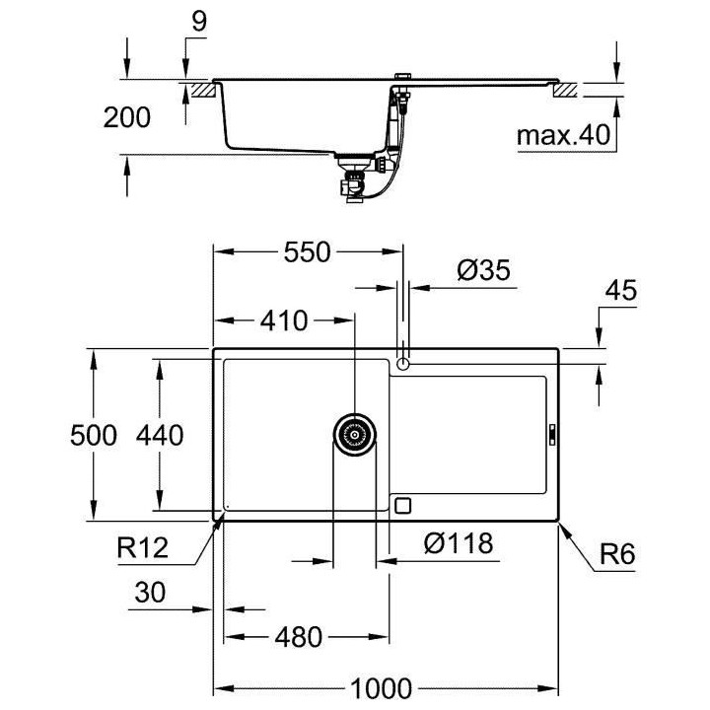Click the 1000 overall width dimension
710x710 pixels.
(387, 688)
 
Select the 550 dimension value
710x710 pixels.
(306, 252)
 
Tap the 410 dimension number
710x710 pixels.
(283, 320)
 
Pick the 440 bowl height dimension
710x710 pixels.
(160, 435)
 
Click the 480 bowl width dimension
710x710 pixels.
(298, 637)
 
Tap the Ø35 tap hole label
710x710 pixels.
(483, 270)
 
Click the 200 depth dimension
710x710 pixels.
(127, 117)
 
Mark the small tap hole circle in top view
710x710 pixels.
(402, 364)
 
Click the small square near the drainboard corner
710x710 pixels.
(401, 505)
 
